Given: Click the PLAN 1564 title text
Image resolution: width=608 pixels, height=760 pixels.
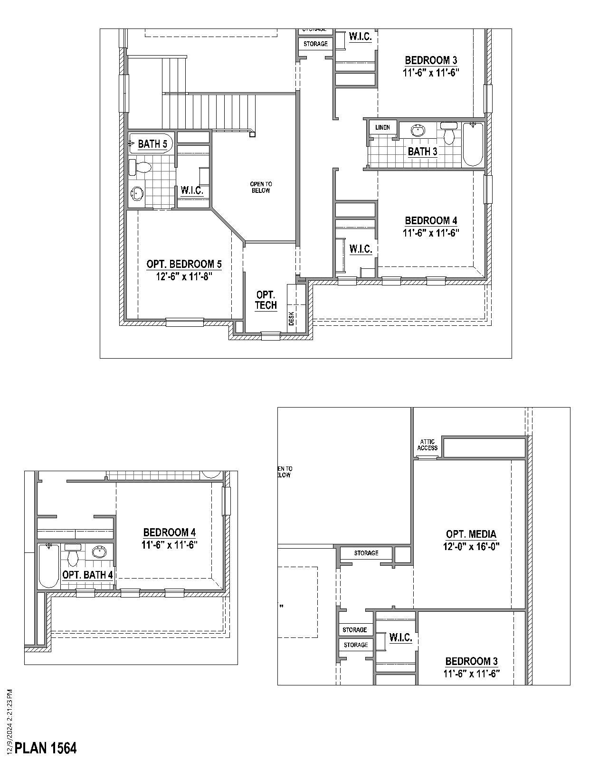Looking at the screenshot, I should click(46, 748).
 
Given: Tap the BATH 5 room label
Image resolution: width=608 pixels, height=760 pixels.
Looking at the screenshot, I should click(152, 144).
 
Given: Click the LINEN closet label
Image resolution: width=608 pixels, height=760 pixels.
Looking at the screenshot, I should click(382, 127).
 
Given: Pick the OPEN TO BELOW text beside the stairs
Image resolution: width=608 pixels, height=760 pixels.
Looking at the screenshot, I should click(261, 187).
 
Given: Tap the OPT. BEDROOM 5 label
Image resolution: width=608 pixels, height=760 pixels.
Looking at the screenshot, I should click(184, 264).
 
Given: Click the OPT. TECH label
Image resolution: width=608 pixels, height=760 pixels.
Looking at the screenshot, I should click(266, 300).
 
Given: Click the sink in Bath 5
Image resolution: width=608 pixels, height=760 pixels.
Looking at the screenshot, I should click(137, 193).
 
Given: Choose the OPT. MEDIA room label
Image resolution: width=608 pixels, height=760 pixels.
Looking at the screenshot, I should click(471, 534).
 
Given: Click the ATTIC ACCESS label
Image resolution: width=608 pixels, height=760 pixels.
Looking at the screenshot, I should click(427, 445).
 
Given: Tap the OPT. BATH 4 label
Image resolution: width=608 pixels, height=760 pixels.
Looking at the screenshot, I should click(88, 575).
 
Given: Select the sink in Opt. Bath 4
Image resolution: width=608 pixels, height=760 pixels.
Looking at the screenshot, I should click(99, 552).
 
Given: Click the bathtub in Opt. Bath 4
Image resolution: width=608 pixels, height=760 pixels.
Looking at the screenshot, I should click(48, 566).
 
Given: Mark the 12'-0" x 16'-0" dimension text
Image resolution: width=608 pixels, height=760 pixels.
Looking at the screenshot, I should click(471, 547).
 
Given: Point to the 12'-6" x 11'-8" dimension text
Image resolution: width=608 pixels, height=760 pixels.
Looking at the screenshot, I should click(183, 276).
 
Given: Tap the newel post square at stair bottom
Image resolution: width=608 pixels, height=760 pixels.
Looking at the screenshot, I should click(252, 134).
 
